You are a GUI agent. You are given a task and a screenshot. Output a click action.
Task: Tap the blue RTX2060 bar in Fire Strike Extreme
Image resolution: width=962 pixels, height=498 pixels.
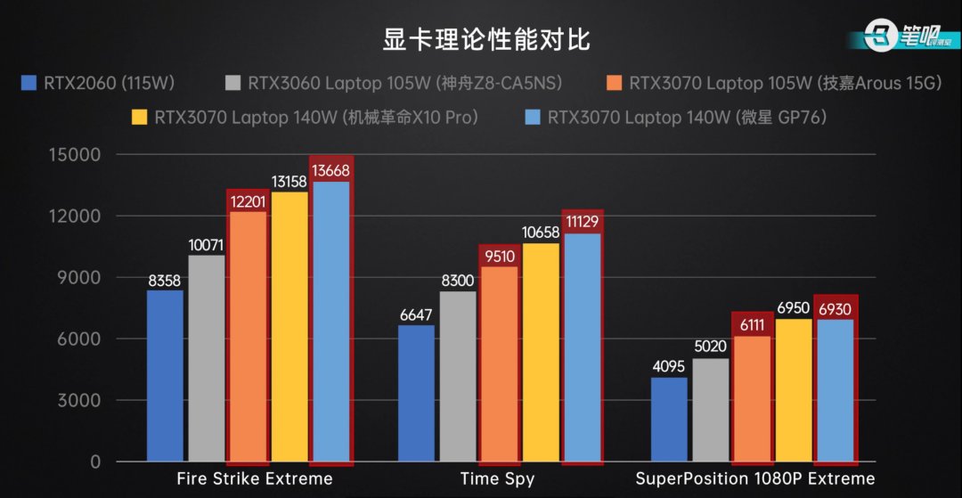(x=165, y=375)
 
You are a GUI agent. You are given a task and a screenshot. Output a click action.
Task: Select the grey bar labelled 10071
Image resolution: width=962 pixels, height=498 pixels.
(x=207, y=357)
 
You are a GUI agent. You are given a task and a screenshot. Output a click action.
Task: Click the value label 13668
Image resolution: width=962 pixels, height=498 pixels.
(x=330, y=171)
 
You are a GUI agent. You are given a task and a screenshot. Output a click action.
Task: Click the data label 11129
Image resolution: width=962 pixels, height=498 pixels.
(x=583, y=223)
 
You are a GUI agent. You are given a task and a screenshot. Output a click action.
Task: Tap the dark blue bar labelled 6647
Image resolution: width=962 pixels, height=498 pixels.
(x=417, y=393)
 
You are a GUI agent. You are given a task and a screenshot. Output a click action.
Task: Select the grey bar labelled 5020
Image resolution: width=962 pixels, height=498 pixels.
(x=711, y=409)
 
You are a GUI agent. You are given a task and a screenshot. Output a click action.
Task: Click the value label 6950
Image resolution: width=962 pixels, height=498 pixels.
(x=793, y=308)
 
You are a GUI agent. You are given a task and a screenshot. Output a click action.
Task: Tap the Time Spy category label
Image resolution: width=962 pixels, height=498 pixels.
(x=498, y=479)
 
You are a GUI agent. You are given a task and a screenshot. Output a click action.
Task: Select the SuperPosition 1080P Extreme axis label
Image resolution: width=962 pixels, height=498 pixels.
(x=755, y=479)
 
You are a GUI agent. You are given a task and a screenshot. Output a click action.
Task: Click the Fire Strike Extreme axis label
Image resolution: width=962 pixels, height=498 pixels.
(x=255, y=479)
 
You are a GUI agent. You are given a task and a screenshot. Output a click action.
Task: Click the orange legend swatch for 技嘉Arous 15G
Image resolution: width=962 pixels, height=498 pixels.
(x=614, y=84)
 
